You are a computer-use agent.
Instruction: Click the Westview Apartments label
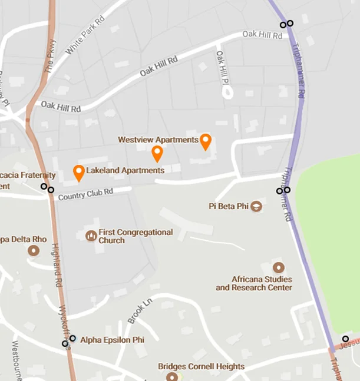pyautogui.click(x=158, y=140)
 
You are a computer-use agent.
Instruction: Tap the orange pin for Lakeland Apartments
pyautogui.click(x=78, y=172)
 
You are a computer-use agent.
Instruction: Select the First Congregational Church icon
pyautogui.click(x=91, y=236)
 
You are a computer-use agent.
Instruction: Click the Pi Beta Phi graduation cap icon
pyautogui.click(x=256, y=206)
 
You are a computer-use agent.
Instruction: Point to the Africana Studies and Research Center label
pyautogui.click(x=254, y=283)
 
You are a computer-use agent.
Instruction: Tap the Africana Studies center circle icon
pyautogui.click(x=279, y=267)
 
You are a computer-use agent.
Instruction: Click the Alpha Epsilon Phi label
pyautogui.click(x=112, y=340)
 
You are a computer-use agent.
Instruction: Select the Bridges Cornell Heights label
pyautogui.click(x=201, y=366)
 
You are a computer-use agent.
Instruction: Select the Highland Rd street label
pyautogui.click(x=57, y=266)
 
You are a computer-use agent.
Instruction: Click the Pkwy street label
pyautogui.click(x=49, y=57)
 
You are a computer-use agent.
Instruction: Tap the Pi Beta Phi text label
pyautogui.click(x=229, y=206)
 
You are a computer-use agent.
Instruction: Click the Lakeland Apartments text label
pyautogui.click(x=125, y=170)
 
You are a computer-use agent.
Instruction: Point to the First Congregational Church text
pyautogui.click(x=136, y=236)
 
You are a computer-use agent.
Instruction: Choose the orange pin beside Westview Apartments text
pyautogui.click(x=205, y=141)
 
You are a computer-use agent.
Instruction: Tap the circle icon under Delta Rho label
pyautogui.click(x=34, y=250)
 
